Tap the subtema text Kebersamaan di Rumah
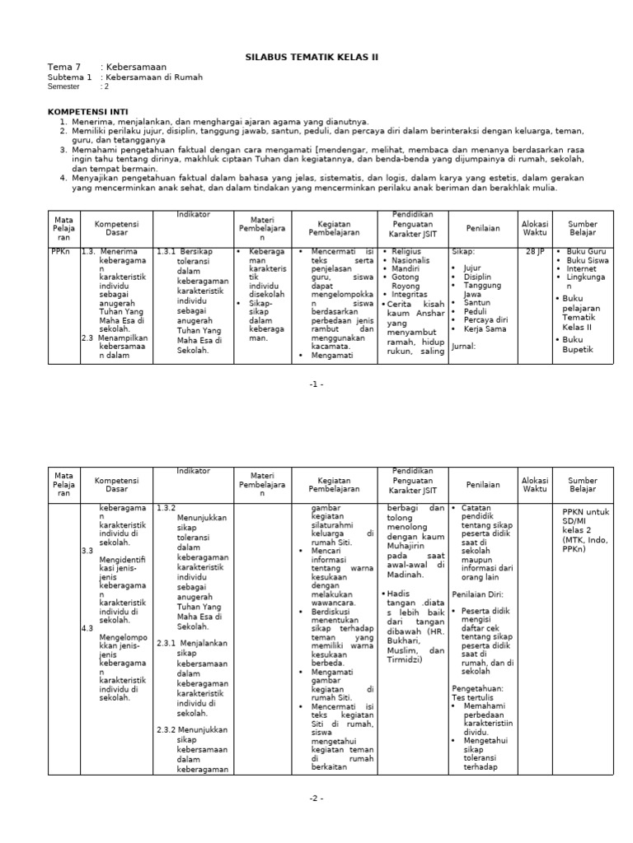(x=151, y=77)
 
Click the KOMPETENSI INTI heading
(x=88, y=109)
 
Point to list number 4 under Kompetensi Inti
(x=63, y=178)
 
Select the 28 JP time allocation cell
(x=534, y=252)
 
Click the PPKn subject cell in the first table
(x=60, y=252)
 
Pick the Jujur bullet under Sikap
(x=471, y=268)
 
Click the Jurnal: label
(x=464, y=347)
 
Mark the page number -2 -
(x=316, y=799)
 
